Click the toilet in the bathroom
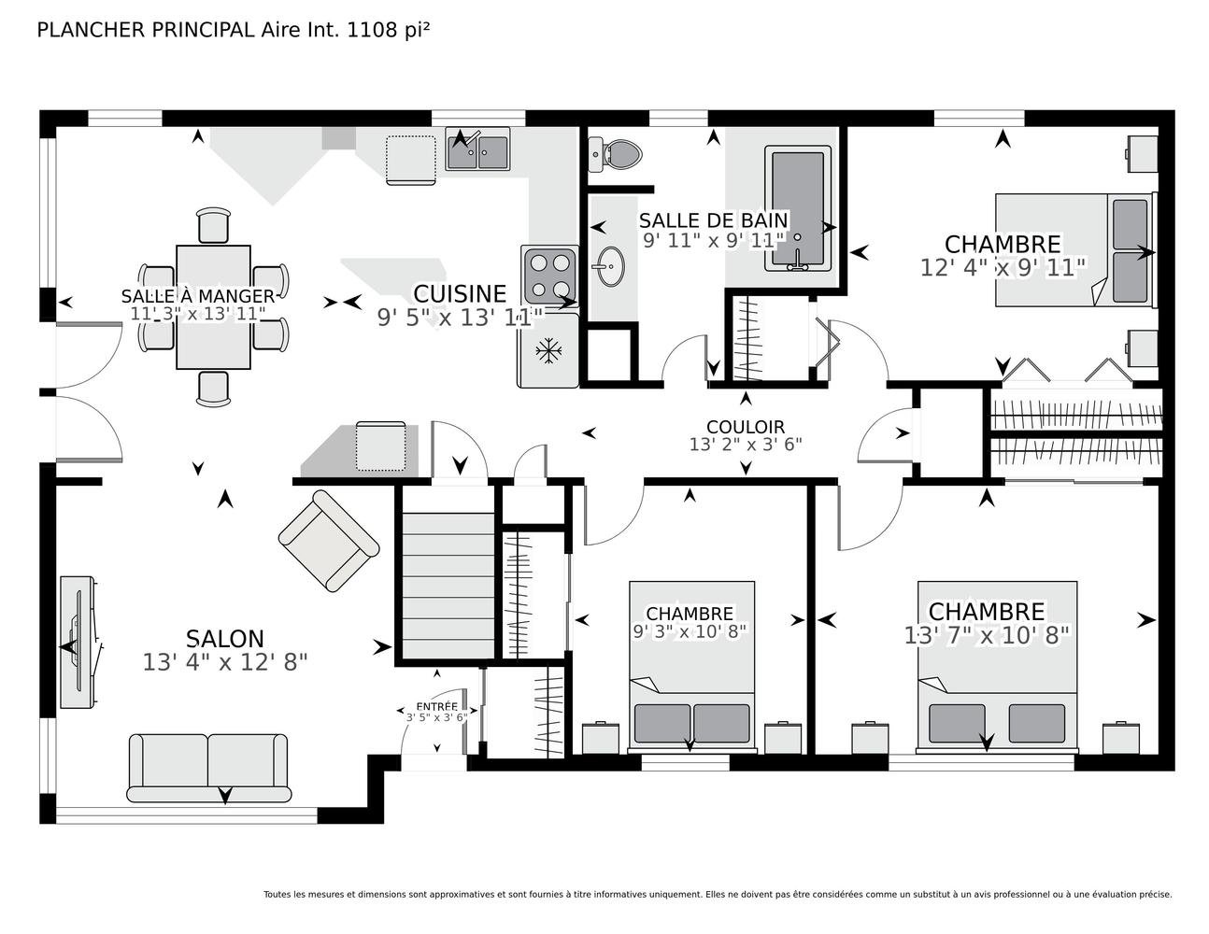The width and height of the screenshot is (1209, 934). [615, 153]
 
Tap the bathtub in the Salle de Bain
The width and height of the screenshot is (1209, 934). [797, 208]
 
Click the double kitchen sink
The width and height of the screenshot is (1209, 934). [477, 149]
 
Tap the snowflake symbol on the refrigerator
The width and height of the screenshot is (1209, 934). [548, 351]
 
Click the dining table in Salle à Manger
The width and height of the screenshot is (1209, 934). [213, 307]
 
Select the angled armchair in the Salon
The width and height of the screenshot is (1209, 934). [329, 541]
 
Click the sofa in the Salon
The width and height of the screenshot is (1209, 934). [208, 768]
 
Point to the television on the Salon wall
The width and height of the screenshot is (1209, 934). [77, 643]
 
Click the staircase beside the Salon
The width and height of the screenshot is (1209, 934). [448, 585]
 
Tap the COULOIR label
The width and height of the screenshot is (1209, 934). [745, 427]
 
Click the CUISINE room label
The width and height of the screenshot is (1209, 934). [460, 293]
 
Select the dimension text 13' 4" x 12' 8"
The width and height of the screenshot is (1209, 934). [225, 662]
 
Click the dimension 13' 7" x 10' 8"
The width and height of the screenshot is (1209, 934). [987, 635]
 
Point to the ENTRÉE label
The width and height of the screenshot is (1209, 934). [436, 706]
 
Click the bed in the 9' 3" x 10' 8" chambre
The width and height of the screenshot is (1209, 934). [691, 667]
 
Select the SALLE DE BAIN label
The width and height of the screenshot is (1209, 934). [713, 220]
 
